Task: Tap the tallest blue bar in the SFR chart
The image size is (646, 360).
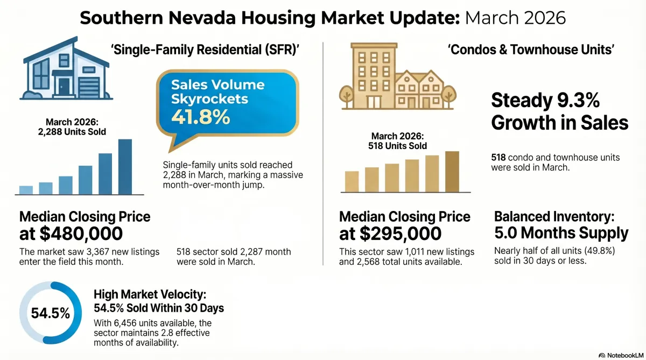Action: (x=125, y=166)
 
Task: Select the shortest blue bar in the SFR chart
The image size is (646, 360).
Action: (x=26, y=189)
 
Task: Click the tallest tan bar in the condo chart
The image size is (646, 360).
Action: (x=452, y=171)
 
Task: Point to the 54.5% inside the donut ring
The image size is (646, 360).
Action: (x=50, y=314)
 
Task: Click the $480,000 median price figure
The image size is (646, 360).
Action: (x=71, y=234)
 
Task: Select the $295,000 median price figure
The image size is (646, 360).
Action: (x=391, y=234)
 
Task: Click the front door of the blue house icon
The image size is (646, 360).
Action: (x=64, y=86)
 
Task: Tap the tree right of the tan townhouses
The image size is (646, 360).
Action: (x=450, y=96)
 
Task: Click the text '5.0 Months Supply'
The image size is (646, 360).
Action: (x=561, y=234)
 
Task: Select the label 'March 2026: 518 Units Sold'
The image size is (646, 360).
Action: (x=395, y=141)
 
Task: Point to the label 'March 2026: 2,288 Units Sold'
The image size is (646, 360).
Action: (x=76, y=127)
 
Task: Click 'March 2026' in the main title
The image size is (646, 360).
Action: (x=515, y=17)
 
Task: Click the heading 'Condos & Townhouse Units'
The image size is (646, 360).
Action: (x=531, y=50)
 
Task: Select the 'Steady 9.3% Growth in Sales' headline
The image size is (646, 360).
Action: (x=559, y=111)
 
